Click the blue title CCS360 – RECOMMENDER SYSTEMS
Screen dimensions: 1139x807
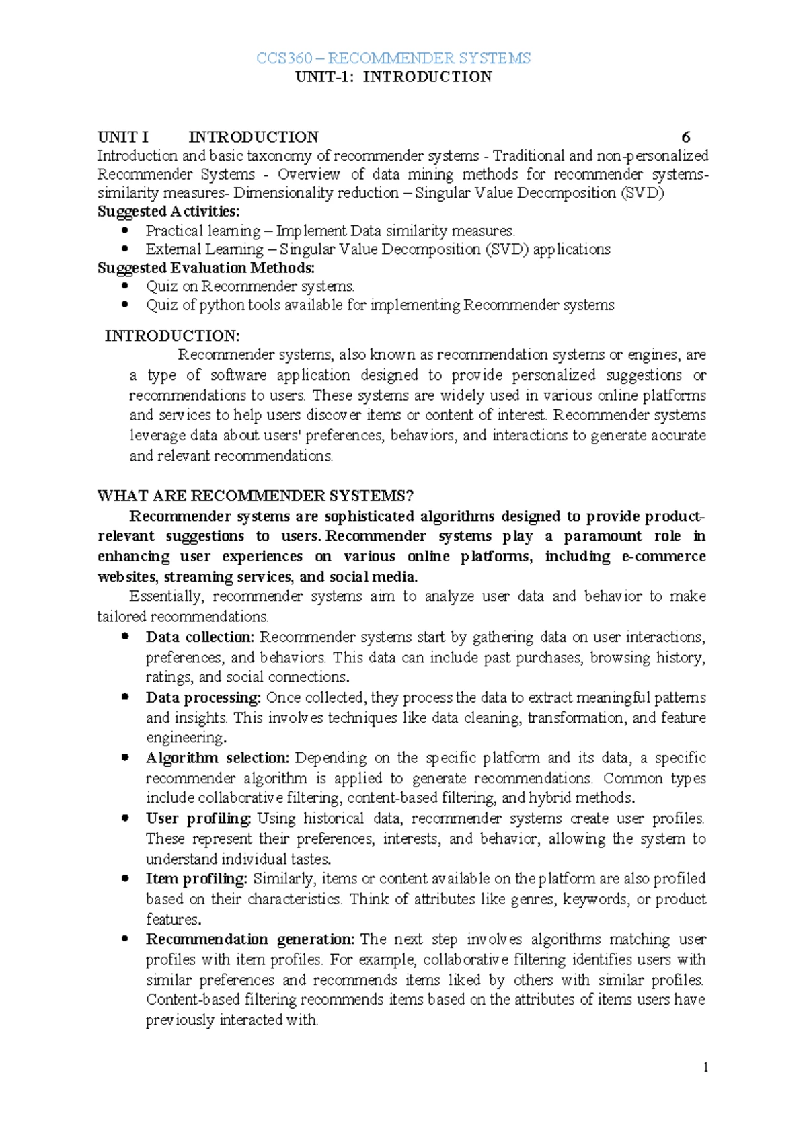tap(393, 58)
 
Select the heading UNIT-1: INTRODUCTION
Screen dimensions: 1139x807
tap(393, 77)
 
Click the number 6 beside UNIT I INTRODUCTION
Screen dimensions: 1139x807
tap(685, 137)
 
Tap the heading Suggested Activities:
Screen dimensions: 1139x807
tap(168, 211)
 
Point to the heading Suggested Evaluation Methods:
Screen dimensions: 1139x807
tap(206, 268)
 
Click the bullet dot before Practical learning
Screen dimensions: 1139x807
tap(124, 231)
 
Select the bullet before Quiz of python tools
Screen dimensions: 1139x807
tap(124, 305)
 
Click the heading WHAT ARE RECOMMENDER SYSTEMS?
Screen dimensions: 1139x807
tap(255, 496)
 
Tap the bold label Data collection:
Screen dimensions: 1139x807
tap(200, 637)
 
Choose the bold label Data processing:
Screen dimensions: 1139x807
tap(203, 697)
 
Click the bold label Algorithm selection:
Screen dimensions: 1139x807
tap(217, 758)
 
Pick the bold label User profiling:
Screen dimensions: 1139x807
tap(198, 818)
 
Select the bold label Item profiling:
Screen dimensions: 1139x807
tap(196, 879)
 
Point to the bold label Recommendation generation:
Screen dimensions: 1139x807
tap(249, 939)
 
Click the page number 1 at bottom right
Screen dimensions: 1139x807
tap(705, 1067)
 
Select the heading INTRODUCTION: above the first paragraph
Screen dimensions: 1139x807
tap(172, 336)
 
